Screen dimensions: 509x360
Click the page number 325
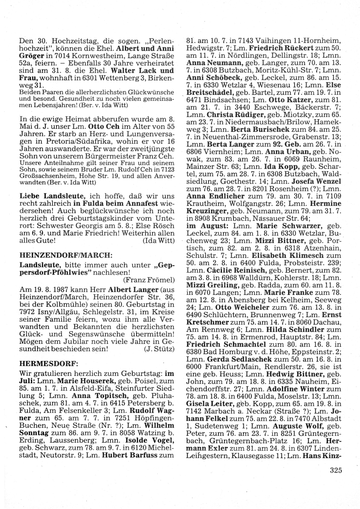335,470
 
